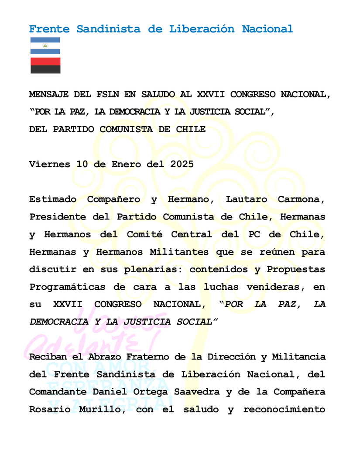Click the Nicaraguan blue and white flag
(45, 46)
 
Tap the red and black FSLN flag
(45, 65)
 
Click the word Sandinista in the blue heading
(109, 29)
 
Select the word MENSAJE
(49, 95)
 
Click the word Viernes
(49, 164)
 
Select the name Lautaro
(247, 199)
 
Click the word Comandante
(55, 392)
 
